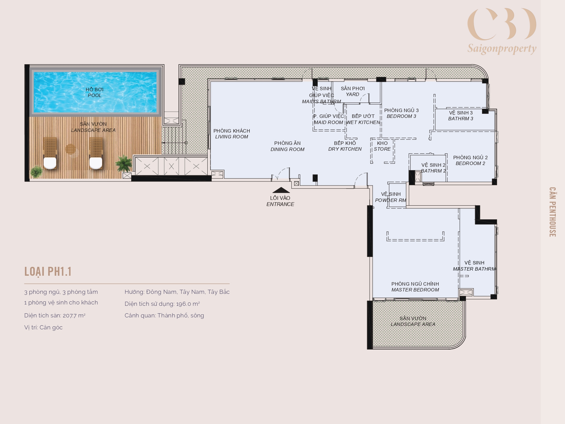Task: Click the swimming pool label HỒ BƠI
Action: [95, 89]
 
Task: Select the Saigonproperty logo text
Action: [502, 49]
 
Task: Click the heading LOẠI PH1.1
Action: [48, 272]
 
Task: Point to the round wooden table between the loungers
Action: [70, 149]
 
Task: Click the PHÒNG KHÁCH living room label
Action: [232, 131]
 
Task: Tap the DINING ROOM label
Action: [287, 149]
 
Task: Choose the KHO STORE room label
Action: [382, 146]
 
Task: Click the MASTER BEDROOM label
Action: [415, 290]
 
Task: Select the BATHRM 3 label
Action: [461, 119]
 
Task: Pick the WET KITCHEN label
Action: [363, 123]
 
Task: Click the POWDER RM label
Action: [391, 200]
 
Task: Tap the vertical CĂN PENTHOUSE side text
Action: [552, 212]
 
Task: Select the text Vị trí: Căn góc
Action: [43, 327]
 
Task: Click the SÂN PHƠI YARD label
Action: [353, 91]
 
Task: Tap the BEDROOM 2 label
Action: [470, 163]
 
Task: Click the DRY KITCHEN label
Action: [345, 149]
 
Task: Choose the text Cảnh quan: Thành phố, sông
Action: [164, 316]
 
